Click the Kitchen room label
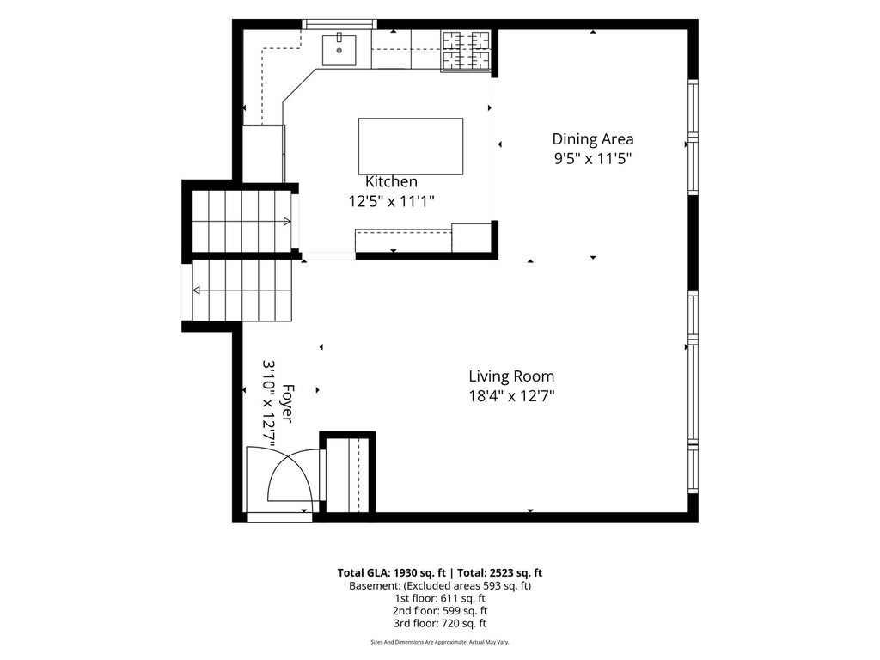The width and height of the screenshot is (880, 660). pos(391,182)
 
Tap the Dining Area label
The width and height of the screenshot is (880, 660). pos(593,139)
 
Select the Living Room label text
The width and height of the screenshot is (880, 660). pos(511,376)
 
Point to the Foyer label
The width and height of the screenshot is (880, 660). pos(287,404)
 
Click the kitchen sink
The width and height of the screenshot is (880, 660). pos(339,49)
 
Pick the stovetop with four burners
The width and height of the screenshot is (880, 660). pos(466,51)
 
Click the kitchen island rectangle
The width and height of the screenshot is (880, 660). pos(411,146)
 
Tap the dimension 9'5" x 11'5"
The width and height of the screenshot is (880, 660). pos(593,159)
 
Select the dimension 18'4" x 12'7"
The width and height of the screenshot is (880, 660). pos(511,396)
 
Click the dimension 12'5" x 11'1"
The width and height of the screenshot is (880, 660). pos(391,201)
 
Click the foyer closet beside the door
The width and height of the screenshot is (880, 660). pos(347,474)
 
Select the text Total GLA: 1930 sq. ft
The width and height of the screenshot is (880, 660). pos(391,573)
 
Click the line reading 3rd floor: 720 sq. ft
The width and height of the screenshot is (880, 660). pos(440,624)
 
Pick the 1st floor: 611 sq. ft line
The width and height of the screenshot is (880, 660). pos(440,598)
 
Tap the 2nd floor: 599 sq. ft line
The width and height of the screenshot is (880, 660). pos(440,611)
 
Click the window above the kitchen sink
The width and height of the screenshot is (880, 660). pos(339,24)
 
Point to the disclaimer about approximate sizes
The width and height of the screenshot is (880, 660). pos(440,642)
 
